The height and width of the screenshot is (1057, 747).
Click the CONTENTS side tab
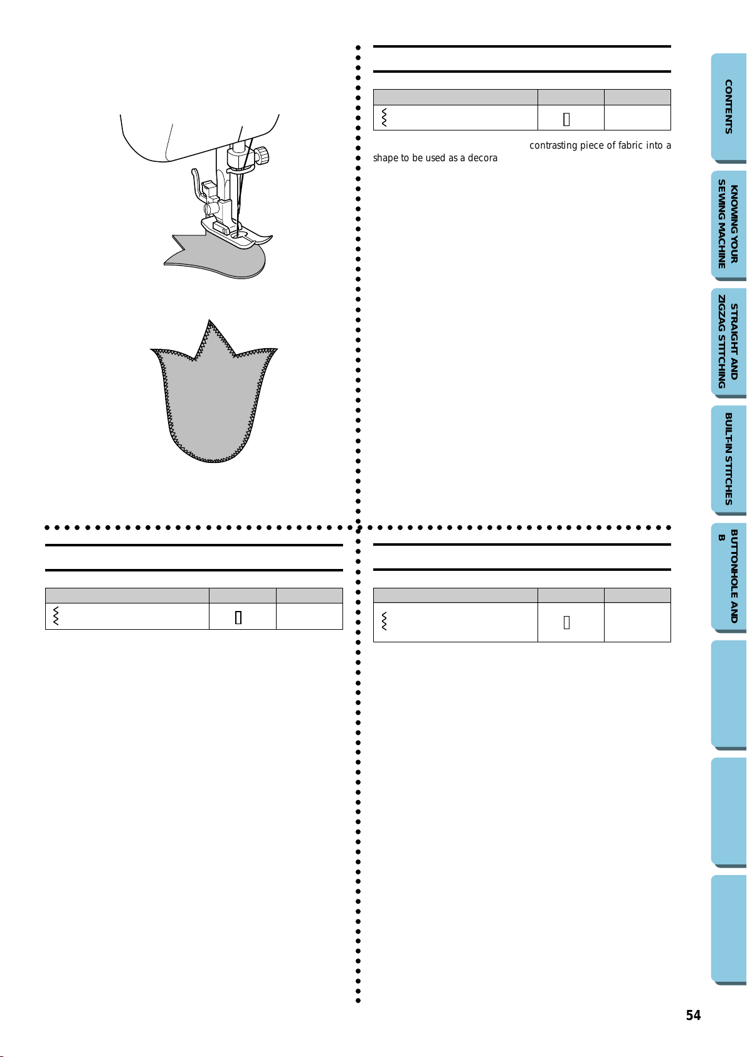click(x=729, y=107)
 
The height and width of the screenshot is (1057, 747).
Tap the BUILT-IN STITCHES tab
click(x=729, y=459)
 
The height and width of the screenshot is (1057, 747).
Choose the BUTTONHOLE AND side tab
click(x=729, y=576)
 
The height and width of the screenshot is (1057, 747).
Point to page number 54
click(x=693, y=1015)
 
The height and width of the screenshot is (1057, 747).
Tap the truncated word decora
click(x=482, y=158)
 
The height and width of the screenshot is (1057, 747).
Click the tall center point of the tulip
click(x=209, y=321)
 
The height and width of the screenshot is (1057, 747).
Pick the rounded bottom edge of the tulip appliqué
click(x=213, y=460)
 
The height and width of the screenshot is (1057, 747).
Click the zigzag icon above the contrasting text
click(x=384, y=117)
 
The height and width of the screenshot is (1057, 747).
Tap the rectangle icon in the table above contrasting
click(x=566, y=119)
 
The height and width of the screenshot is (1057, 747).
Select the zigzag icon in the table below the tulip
click(x=56, y=616)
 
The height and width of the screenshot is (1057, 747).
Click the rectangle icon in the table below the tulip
click(x=238, y=617)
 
